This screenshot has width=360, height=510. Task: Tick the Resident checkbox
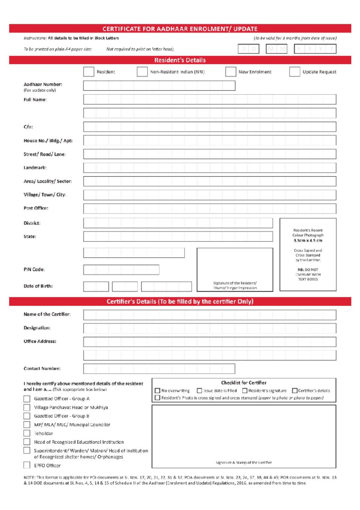88,72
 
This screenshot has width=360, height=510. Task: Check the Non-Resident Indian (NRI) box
142,72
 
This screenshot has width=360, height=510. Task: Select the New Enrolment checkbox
230,72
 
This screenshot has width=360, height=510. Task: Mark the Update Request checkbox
295,72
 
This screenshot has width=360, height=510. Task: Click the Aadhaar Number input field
159,86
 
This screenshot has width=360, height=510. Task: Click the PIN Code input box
121,270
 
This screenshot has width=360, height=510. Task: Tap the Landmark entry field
209,168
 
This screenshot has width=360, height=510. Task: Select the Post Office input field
209,208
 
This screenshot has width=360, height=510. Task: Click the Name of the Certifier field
209,315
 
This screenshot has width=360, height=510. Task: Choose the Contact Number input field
159,369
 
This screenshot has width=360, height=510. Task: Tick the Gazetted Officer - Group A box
27,399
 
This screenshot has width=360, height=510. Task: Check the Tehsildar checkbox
27,433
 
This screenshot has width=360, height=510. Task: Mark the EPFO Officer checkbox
27,465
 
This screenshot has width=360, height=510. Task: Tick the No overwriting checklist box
157,390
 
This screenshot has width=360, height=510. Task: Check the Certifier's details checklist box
295,390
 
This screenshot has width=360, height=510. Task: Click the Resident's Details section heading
180,60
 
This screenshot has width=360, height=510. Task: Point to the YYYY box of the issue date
315,49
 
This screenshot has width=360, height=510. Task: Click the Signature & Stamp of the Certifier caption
244,463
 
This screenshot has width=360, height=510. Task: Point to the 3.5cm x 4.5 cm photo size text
308,241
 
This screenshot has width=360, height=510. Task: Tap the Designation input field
209,328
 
